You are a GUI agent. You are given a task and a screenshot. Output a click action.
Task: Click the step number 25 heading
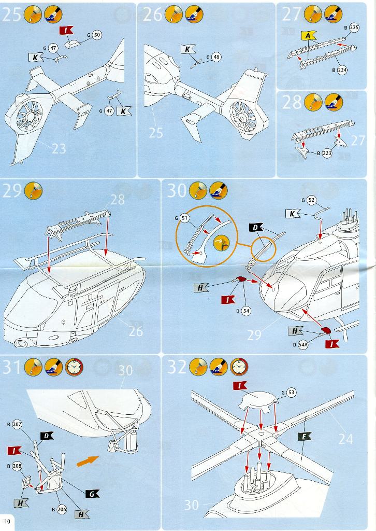[x=12, y=15]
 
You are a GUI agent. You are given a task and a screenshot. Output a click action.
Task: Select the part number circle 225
[x=354, y=27]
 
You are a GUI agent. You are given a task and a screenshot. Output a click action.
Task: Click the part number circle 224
[x=342, y=70]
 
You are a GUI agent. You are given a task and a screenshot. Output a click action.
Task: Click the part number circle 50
[x=97, y=35]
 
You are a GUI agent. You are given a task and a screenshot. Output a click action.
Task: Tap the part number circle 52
[x=311, y=200]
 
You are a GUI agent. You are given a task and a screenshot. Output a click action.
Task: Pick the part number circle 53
[x=291, y=393]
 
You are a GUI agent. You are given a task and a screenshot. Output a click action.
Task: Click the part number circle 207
[x=18, y=425]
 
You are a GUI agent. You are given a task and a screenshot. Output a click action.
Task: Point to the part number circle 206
[x=61, y=510]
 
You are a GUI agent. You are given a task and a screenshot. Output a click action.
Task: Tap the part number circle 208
[x=18, y=466]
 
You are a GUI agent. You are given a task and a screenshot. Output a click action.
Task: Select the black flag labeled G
[x=92, y=494]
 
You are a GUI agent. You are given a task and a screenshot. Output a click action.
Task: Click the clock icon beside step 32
[x=239, y=367]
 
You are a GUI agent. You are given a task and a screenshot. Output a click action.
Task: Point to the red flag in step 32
[x=240, y=385]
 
